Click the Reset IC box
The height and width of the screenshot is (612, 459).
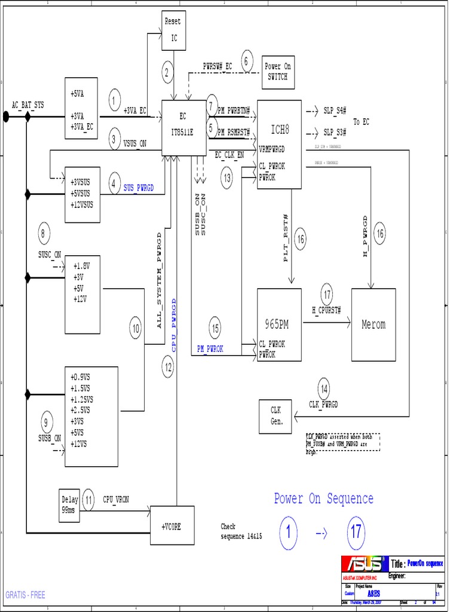(173, 32)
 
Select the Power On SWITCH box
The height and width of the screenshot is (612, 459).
(277, 72)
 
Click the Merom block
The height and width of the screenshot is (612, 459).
(374, 325)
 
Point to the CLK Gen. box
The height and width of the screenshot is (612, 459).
(276, 416)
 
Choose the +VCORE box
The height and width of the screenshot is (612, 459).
(172, 527)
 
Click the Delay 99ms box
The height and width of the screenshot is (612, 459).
(69, 505)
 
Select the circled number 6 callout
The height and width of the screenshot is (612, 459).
(248, 61)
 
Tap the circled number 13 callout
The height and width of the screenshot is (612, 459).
(227, 178)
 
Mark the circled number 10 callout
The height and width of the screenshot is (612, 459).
(136, 328)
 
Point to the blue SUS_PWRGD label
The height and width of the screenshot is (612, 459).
(139, 188)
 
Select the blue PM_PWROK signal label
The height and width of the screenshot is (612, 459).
(210, 349)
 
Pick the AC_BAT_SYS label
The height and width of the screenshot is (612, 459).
(29, 105)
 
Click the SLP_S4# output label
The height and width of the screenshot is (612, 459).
(335, 111)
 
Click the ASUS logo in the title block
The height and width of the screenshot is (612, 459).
(364, 564)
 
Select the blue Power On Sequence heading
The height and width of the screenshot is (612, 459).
(323, 498)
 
